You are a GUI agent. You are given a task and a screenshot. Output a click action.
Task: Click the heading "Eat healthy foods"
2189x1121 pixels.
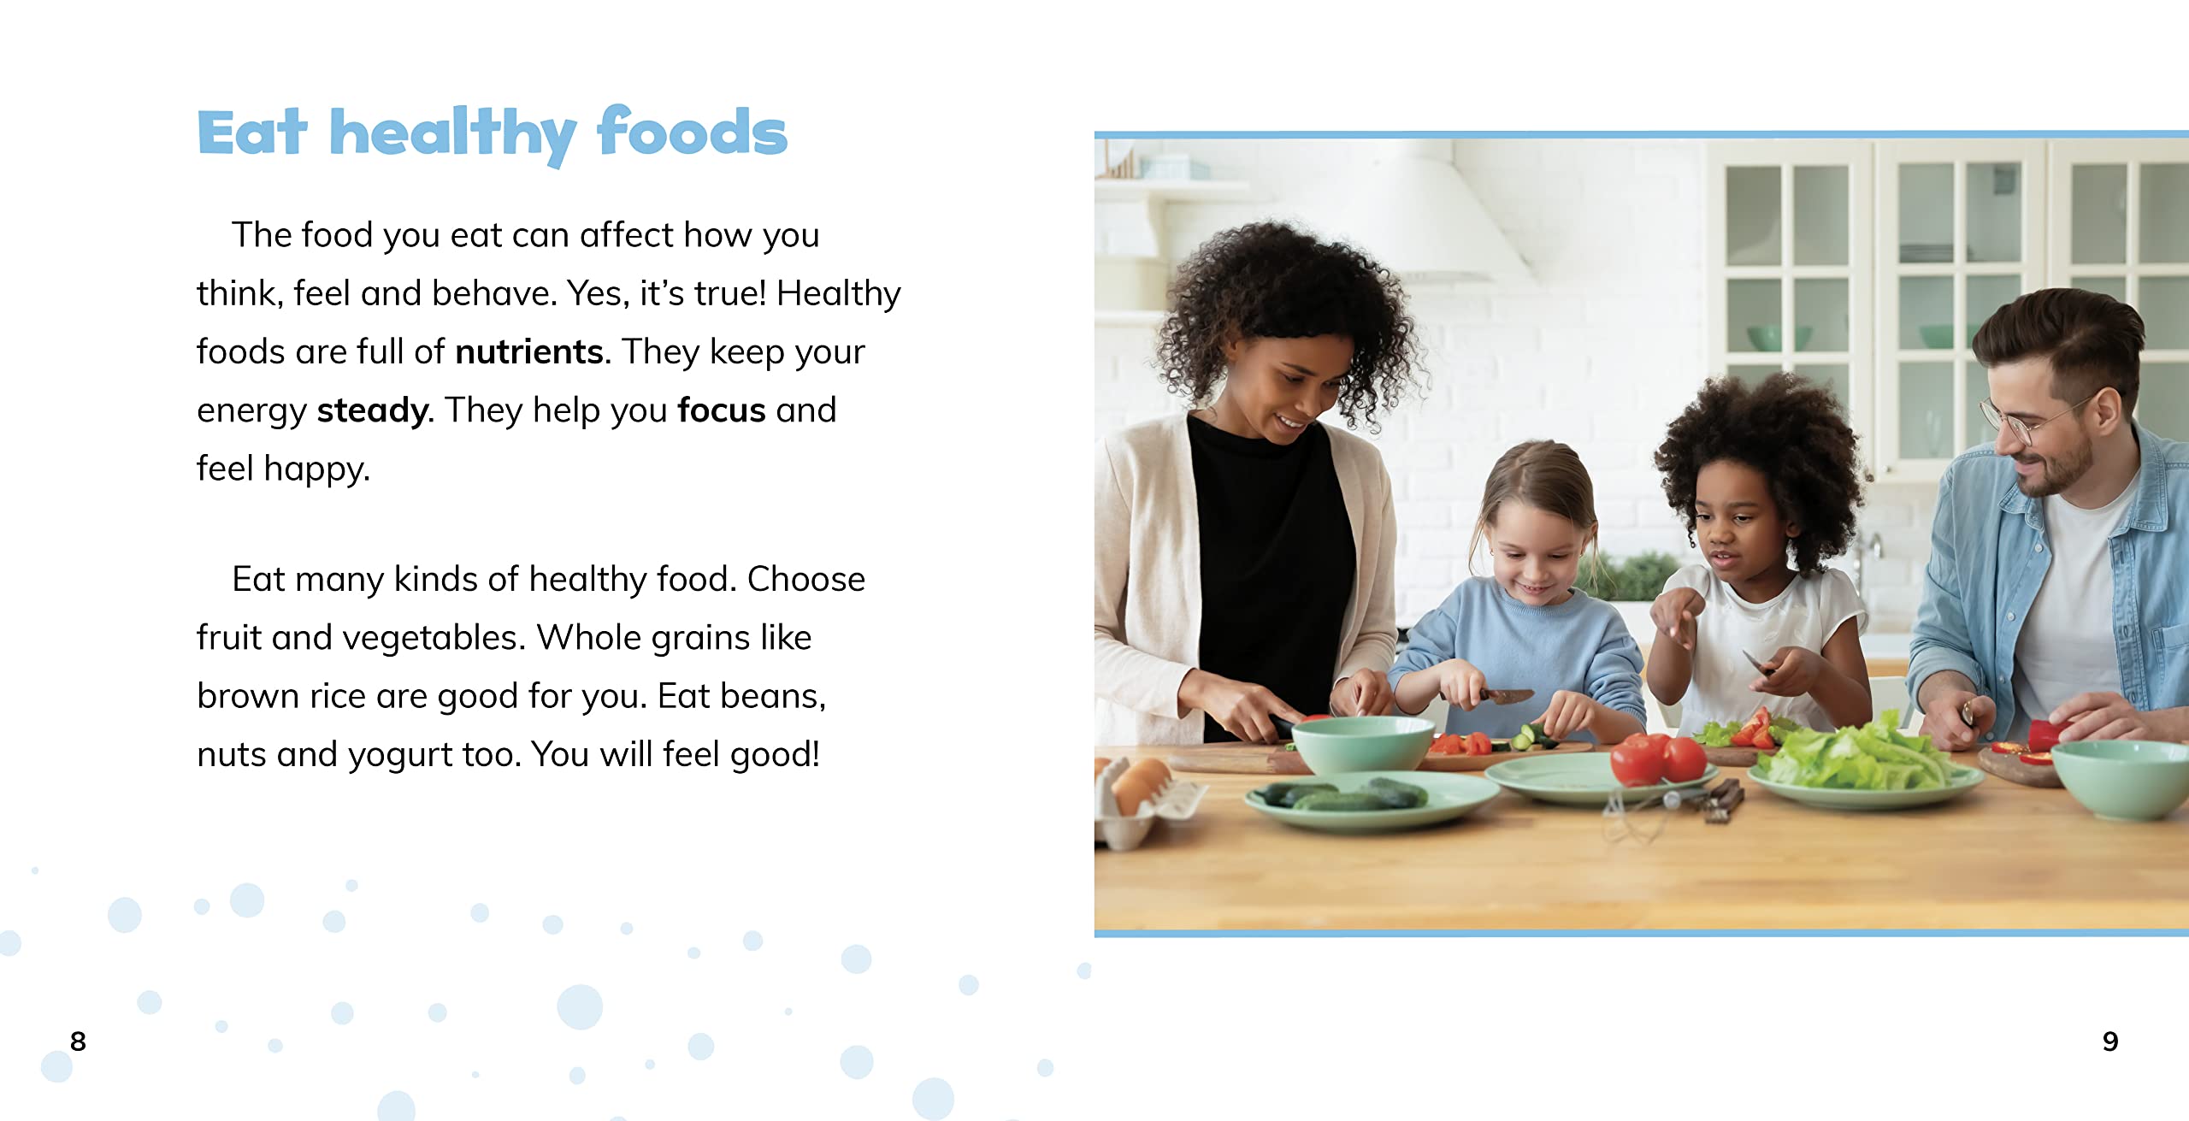(493, 133)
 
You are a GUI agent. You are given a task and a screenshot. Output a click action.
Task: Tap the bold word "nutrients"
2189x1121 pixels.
(529, 352)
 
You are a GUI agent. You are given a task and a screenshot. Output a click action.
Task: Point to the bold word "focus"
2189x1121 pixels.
(721, 410)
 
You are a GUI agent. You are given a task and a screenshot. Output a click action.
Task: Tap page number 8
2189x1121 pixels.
(78, 1041)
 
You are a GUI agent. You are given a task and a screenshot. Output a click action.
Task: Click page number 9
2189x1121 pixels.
(2110, 1041)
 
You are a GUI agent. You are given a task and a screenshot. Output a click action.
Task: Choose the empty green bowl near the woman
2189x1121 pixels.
(1361, 744)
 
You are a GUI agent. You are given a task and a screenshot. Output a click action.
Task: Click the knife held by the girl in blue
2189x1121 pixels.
(1505, 695)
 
